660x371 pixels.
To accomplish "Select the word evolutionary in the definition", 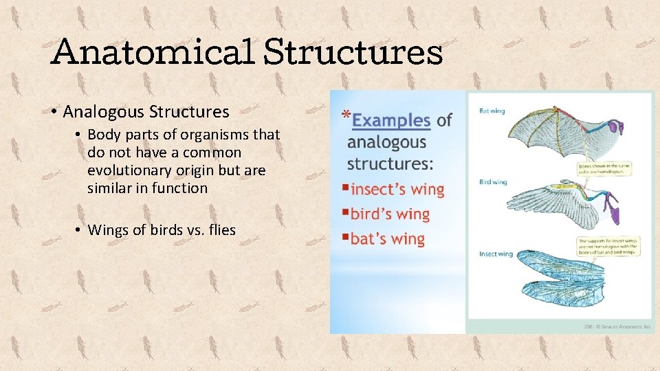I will (129, 170).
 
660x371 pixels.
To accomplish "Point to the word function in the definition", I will (179, 188).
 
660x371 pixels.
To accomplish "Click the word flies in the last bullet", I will (219, 229).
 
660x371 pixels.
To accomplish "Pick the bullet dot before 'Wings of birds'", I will (80, 230).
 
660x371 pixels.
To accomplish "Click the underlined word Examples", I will (390, 120).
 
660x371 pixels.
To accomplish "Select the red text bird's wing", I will (390, 214).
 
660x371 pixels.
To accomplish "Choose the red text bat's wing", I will (388, 239).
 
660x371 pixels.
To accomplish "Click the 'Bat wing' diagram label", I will (492, 111).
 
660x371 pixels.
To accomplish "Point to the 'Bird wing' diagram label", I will (493, 182).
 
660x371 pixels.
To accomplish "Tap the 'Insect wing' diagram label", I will (496, 254).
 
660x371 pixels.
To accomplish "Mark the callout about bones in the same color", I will (604, 168).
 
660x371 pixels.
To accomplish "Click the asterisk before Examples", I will (346, 116).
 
